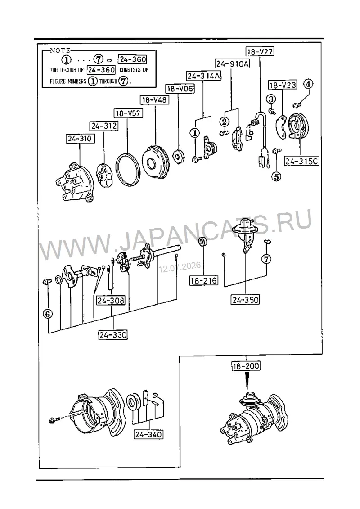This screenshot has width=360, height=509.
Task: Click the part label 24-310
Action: click(x=80, y=139)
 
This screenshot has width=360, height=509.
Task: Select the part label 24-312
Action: click(x=104, y=126)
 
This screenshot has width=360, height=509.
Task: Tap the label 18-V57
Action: click(x=128, y=113)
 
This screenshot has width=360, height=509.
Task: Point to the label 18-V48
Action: click(x=154, y=100)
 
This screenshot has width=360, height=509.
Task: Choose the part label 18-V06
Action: click(x=180, y=88)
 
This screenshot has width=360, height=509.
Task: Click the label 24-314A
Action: click(x=204, y=76)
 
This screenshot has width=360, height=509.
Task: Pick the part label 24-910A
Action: click(x=233, y=63)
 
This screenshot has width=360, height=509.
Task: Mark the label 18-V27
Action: click(x=260, y=51)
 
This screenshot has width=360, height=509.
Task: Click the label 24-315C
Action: click(x=301, y=161)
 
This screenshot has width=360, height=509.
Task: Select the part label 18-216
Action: click(x=203, y=280)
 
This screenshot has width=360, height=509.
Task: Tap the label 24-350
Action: click(x=245, y=300)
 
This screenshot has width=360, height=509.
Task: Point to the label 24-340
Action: click(x=148, y=434)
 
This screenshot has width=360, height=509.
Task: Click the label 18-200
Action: click(x=246, y=366)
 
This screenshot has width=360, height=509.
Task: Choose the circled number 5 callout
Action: click(x=276, y=176)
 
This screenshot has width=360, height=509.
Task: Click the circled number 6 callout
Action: click(x=48, y=314)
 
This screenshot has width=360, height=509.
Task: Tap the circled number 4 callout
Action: click(x=308, y=84)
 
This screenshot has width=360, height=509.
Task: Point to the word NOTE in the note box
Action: click(x=60, y=50)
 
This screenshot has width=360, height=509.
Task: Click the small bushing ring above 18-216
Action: click(x=202, y=242)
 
